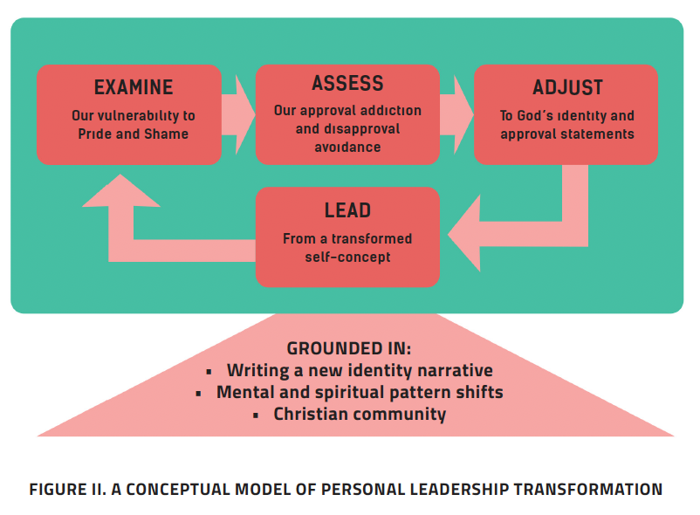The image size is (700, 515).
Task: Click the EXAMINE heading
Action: (x=134, y=87)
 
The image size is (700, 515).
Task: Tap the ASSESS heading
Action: (x=347, y=84)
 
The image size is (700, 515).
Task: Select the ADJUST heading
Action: (x=567, y=88)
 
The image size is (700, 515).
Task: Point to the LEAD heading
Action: (x=347, y=210)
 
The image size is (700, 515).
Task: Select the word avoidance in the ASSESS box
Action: (x=347, y=148)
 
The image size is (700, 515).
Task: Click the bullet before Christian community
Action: (x=256, y=415)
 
